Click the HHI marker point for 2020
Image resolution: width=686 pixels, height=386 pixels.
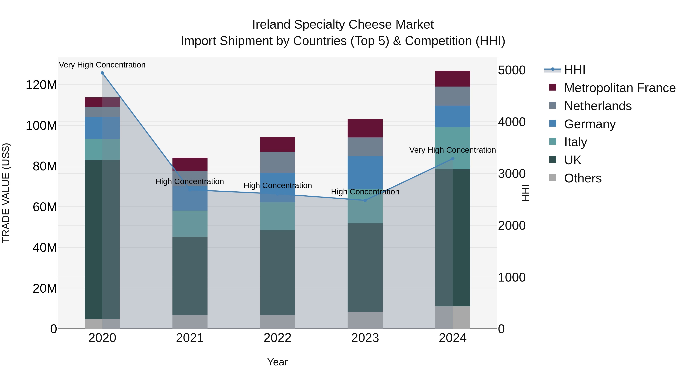pyautogui.click(x=102, y=73)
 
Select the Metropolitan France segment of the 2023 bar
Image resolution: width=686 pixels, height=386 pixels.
pyautogui.click(x=365, y=128)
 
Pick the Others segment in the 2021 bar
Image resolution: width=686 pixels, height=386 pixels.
pyautogui.click(x=190, y=322)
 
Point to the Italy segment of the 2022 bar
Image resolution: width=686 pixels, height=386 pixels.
pyautogui.click(x=277, y=216)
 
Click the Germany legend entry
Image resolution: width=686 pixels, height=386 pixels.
pyautogui.click(x=590, y=124)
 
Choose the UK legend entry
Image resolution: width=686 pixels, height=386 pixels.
pyautogui.click(x=573, y=160)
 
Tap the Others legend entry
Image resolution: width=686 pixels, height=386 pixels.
pyautogui.click(x=583, y=178)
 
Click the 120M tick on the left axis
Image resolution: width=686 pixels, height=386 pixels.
pyautogui.click(x=41, y=85)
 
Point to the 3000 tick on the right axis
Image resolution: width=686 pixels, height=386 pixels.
pyautogui.click(x=512, y=174)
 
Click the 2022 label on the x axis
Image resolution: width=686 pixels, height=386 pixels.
pyautogui.click(x=277, y=338)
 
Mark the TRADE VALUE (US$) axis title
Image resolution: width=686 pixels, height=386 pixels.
pyautogui.click(x=6, y=193)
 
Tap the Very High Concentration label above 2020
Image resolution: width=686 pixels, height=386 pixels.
pyautogui.click(x=102, y=65)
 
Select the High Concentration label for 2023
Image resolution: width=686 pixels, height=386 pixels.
pyautogui.click(x=365, y=192)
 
